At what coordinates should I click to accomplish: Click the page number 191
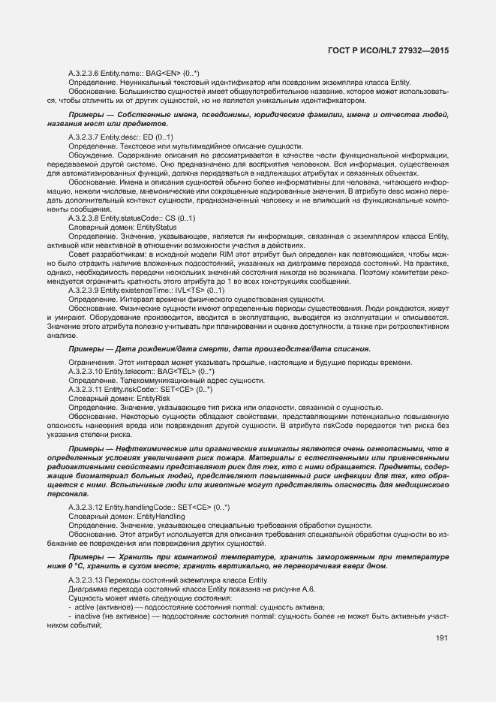[x=441, y=638]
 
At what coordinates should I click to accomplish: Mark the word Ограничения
[x=92, y=363]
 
